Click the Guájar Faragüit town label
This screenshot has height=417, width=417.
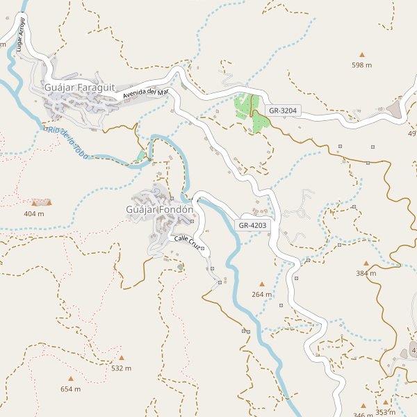coord(78,88)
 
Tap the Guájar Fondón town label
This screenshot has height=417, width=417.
coord(159,209)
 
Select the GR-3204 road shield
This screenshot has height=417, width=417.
coord(283,111)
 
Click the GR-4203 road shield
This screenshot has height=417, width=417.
coord(252,225)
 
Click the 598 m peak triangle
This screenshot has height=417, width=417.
coord(361,54)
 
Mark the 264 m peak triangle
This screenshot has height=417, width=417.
coord(262,284)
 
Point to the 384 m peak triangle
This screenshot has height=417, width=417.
coord(366,263)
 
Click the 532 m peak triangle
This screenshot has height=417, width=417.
coord(121,358)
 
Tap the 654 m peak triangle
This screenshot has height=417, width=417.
coord(70,379)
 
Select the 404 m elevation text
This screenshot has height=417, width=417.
coord(34,213)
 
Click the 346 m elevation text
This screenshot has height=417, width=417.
coord(363,415)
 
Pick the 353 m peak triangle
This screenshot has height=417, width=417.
coord(385,402)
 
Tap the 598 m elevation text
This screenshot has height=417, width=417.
coord(361,65)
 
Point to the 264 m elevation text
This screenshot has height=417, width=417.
coord(262,295)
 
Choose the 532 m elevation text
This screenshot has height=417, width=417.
coord(121,368)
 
